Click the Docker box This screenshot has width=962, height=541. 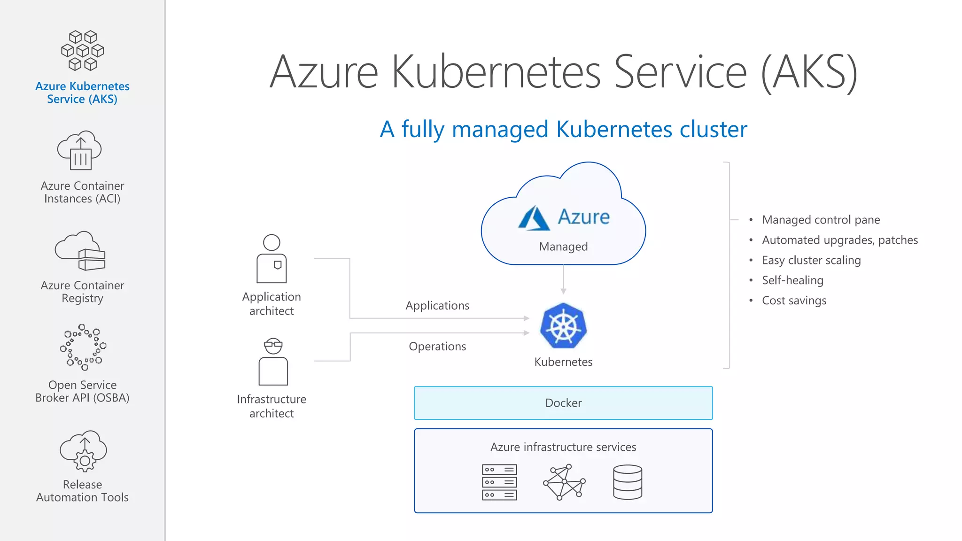point(563,403)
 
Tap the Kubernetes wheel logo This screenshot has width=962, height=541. point(563,326)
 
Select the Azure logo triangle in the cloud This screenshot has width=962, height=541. point(534,218)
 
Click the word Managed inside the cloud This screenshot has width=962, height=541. point(563,247)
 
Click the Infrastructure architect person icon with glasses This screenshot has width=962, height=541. point(273,362)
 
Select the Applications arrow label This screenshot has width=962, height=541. point(437,306)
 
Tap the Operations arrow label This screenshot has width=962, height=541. point(437,347)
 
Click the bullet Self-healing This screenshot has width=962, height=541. point(792,280)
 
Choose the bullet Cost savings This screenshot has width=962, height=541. point(794,301)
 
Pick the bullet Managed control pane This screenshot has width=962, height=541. point(821,220)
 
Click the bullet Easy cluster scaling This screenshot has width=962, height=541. point(811,260)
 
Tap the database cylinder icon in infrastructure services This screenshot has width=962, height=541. point(628,482)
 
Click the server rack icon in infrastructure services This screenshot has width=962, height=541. point(499,482)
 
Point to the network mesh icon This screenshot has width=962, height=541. point(564,482)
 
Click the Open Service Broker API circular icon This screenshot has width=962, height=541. point(83,347)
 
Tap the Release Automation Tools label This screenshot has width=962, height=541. point(82,491)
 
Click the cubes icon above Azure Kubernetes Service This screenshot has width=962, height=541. point(83,51)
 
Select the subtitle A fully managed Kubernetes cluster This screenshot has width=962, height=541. point(563,129)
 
